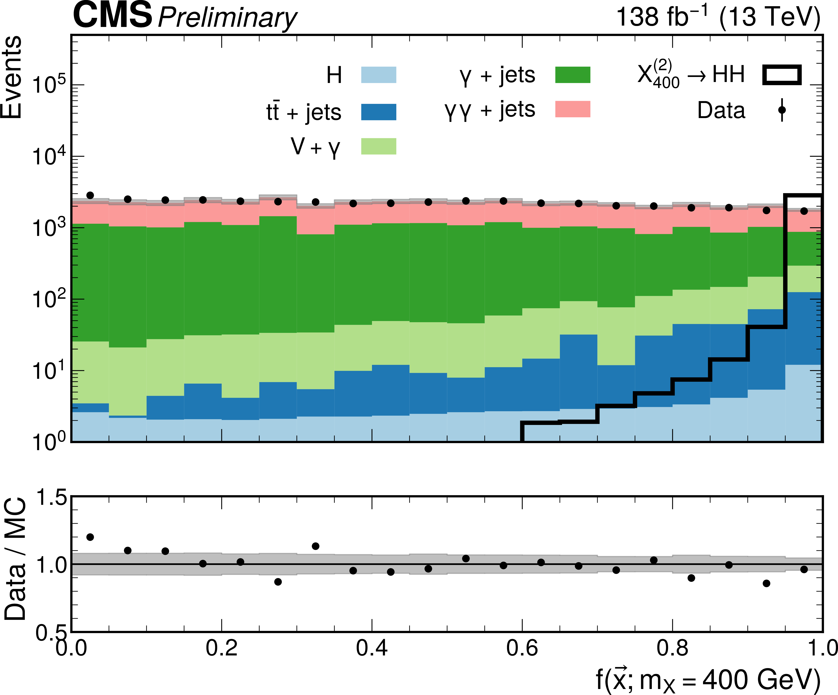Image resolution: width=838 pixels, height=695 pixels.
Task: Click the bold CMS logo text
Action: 112,15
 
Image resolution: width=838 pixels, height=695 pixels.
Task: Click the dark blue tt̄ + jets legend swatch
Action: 378,112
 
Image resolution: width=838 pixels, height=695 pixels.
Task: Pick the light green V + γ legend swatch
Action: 378,146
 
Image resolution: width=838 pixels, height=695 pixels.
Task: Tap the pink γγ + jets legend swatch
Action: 573,109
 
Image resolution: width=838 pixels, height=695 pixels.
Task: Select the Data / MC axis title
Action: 15,559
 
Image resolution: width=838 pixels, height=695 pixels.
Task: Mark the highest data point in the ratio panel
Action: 90,537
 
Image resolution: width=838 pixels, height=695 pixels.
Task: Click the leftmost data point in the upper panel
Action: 90,195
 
